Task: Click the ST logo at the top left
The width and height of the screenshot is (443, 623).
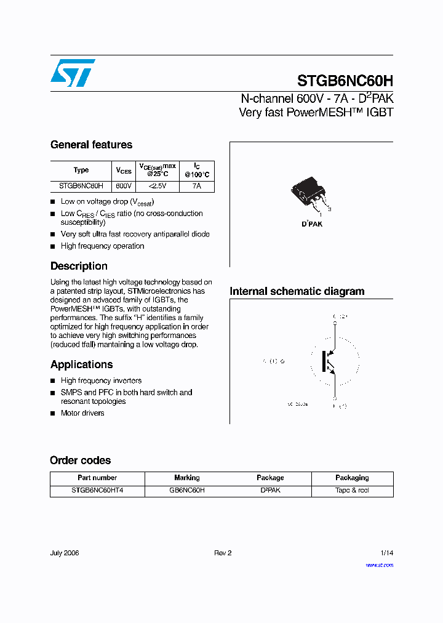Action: (73, 73)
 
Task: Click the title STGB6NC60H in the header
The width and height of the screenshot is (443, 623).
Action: (345, 81)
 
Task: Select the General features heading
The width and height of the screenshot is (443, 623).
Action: (91, 145)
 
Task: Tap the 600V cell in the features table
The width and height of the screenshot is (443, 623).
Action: (124, 185)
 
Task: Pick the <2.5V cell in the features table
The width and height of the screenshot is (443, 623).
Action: (157, 185)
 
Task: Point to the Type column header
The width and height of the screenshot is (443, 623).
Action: (81, 170)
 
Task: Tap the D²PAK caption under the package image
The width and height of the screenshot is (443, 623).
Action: (312, 224)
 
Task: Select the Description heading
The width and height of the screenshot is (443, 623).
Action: (79, 266)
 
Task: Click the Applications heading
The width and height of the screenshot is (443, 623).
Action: (82, 364)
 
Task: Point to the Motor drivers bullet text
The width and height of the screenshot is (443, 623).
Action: (82, 413)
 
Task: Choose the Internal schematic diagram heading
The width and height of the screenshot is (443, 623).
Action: (297, 291)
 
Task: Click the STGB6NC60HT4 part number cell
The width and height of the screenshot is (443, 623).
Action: (97, 491)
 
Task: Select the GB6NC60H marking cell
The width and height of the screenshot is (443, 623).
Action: (186, 491)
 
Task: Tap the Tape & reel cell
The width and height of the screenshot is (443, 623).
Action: (352, 491)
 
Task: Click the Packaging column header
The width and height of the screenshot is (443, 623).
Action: (352, 478)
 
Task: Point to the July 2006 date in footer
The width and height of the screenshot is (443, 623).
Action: (65, 553)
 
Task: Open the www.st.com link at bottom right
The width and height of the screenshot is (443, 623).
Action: (379, 565)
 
